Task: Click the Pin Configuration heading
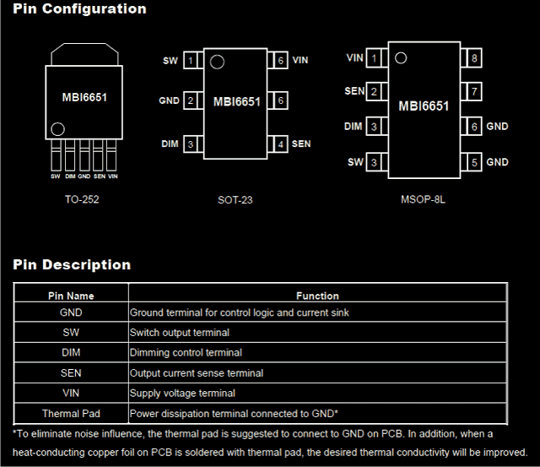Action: [x=80, y=9]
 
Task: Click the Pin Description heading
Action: [x=72, y=265]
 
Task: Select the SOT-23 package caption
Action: [x=235, y=200]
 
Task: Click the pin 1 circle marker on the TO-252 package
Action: [x=57, y=130]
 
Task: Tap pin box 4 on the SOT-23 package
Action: [x=280, y=144]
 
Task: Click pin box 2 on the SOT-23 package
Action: [x=191, y=101]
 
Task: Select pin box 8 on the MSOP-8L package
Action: [x=475, y=58]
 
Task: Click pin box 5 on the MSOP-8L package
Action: [x=475, y=161]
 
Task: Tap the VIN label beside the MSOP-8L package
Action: [x=355, y=58]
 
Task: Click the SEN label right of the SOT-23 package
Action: [x=301, y=144]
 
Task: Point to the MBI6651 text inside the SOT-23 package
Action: [x=237, y=102]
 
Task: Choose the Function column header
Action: [x=317, y=296]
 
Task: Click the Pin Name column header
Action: [x=71, y=296]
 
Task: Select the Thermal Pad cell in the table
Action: [x=71, y=414]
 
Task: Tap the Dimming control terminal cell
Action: [x=186, y=353]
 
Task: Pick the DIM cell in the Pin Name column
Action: [x=71, y=353]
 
